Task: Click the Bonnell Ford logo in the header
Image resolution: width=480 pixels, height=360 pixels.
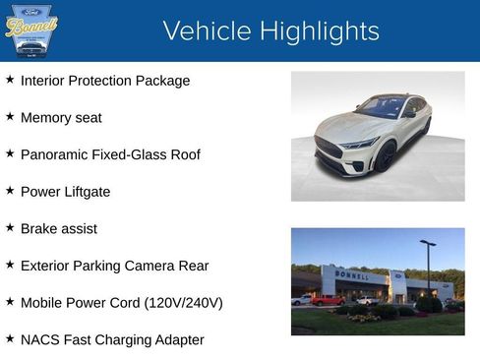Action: (x=31, y=30)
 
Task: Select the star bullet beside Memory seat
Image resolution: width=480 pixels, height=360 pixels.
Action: (x=10, y=117)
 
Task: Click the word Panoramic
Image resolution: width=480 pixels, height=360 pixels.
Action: (x=54, y=154)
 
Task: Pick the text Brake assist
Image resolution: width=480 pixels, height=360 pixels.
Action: (x=58, y=228)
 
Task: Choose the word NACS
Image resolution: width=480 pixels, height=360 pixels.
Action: (x=40, y=339)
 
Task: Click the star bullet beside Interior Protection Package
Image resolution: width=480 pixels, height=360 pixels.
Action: (x=10, y=80)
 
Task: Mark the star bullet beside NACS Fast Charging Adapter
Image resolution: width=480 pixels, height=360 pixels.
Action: (x=10, y=339)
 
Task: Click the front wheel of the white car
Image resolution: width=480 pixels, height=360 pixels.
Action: (x=382, y=157)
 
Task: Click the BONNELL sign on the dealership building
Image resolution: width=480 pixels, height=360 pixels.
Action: (x=353, y=275)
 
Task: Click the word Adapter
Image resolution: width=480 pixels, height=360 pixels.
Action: (x=179, y=339)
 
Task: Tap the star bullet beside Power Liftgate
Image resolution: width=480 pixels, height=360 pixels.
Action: (x=10, y=191)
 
